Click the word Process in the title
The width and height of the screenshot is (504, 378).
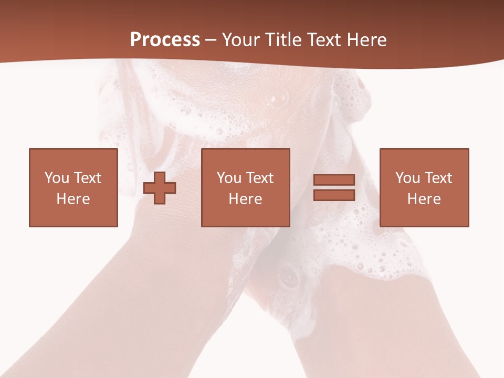click(x=165, y=39)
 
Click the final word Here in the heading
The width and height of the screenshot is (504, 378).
click(x=366, y=40)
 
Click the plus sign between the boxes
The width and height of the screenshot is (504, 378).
click(x=160, y=188)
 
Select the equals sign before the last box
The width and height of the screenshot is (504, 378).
click(x=334, y=187)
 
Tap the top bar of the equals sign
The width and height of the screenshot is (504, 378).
click(x=334, y=180)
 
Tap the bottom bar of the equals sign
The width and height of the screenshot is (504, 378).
click(x=334, y=195)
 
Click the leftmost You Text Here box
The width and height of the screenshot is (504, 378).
click(x=73, y=187)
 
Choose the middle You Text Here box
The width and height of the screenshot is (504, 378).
click(x=246, y=187)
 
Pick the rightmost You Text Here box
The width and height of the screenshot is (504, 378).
click(x=424, y=187)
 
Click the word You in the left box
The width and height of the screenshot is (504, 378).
click(x=57, y=178)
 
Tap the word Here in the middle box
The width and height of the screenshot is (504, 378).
click(x=246, y=199)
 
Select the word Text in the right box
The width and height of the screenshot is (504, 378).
click(x=438, y=178)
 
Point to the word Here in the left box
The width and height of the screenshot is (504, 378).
click(x=73, y=199)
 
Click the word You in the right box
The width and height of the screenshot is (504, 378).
click(x=407, y=178)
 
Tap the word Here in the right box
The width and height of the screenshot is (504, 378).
click(x=424, y=199)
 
